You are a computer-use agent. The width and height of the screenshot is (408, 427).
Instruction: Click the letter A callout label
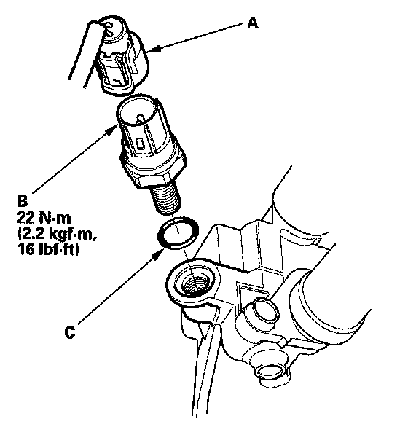(x=253, y=23)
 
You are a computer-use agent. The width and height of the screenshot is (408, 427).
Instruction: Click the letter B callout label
(x=23, y=202)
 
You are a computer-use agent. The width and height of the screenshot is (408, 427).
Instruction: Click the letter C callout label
(x=70, y=332)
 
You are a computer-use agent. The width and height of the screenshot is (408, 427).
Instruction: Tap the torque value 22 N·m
(x=44, y=218)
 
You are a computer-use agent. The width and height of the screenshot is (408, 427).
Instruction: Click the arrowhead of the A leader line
(x=153, y=49)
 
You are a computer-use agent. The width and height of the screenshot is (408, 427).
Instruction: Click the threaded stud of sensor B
(x=165, y=198)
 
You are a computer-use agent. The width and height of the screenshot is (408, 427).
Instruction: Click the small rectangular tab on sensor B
(x=141, y=144)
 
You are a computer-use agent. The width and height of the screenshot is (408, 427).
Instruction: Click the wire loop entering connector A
(x=91, y=41)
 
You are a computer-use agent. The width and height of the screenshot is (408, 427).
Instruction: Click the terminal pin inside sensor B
(x=140, y=118)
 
